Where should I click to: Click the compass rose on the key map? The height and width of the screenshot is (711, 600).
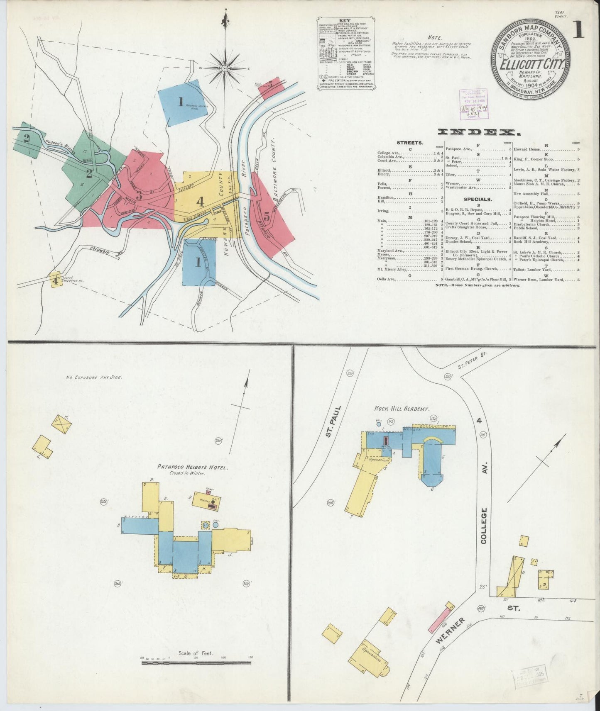(x=224, y=68)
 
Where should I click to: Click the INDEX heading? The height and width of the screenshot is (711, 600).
(x=478, y=132)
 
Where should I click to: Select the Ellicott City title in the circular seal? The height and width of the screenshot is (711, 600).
(x=531, y=65)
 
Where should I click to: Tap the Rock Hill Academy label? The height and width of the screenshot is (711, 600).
(x=402, y=409)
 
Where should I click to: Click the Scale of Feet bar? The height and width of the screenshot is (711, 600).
(x=196, y=663)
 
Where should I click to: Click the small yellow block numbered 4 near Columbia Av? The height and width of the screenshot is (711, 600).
(x=55, y=280)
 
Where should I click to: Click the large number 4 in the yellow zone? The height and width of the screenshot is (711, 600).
(x=201, y=202)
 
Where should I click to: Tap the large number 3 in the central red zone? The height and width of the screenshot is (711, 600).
(x=139, y=194)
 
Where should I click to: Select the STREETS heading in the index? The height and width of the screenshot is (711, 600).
(x=410, y=143)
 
